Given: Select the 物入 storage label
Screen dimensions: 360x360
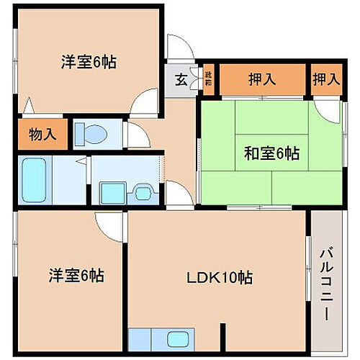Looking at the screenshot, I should pyautogui.click(x=42, y=133).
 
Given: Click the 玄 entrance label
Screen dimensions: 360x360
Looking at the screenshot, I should pyautogui.click(x=181, y=80).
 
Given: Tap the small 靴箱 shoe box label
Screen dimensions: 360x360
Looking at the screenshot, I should pyautogui.click(x=208, y=78).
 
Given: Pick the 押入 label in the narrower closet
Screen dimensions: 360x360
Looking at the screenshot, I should pyautogui.click(x=326, y=79).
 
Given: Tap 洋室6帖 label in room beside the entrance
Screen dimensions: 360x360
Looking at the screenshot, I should pyautogui.click(x=88, y=61).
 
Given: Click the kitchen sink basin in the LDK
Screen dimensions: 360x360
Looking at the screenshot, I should pyautogui.click(x=177, y=338).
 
